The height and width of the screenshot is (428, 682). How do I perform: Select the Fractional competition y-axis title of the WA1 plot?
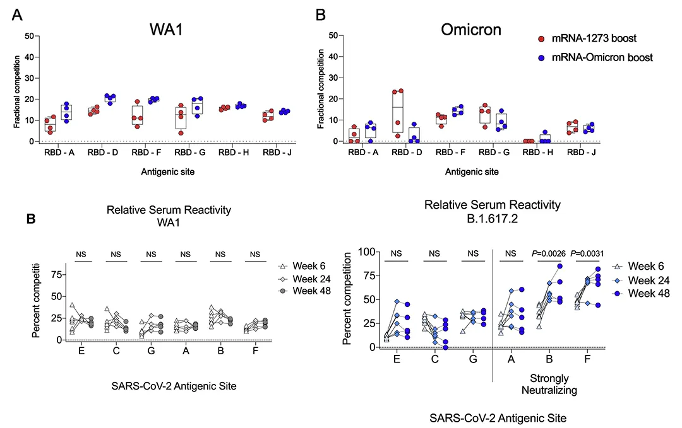point(17,88)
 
